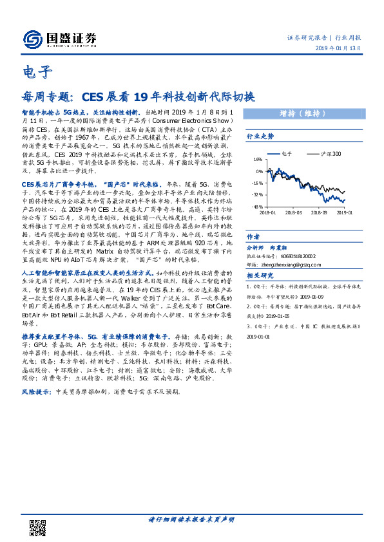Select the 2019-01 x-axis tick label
point(345,211)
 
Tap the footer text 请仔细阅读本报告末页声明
point(191,519)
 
